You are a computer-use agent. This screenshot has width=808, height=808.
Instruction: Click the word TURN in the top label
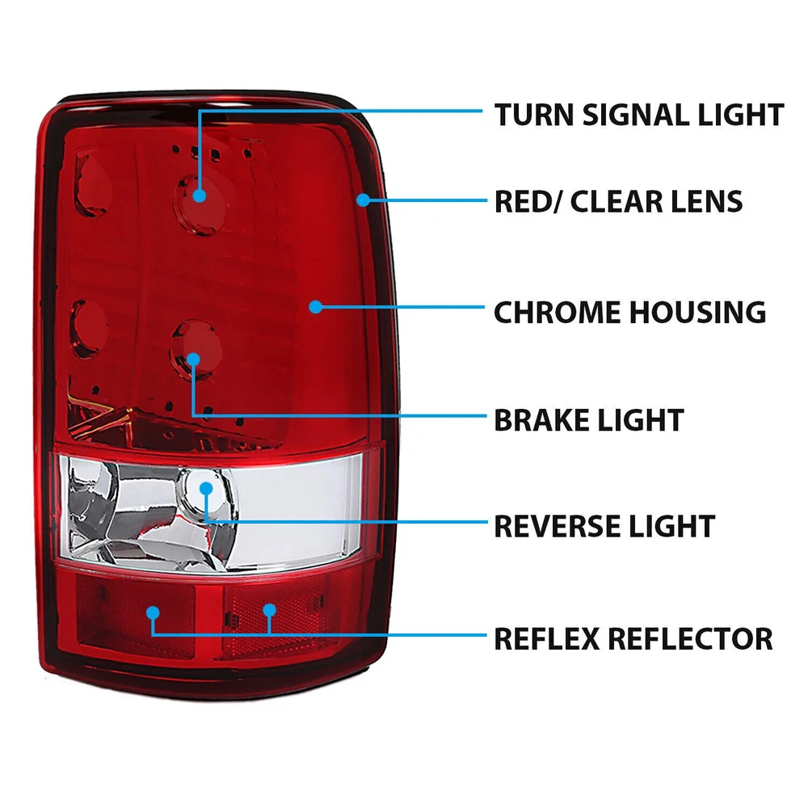point(534,115)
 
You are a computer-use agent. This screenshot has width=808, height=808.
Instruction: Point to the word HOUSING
point(698,312)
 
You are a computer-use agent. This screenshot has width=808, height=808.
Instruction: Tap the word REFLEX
point(546,639)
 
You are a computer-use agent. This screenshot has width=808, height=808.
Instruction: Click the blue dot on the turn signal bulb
point(200,196)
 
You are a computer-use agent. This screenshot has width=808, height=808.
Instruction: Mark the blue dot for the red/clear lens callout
point(364,200)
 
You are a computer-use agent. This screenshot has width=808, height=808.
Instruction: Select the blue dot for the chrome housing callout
point(315,307)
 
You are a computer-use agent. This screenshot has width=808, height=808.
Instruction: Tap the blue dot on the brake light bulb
point(193,360)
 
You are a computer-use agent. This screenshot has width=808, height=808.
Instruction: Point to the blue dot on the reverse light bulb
point(206,489)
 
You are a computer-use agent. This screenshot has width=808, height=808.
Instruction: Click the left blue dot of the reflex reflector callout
point(153,612)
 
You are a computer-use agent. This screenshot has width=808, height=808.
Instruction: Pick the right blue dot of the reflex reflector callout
point(270,611)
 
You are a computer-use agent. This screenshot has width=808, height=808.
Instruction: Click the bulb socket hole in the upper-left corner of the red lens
point(93,184)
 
